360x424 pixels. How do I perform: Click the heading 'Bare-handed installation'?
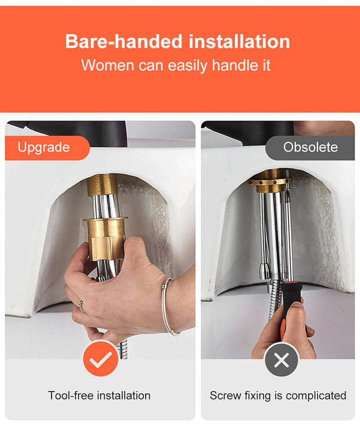pos(177,41)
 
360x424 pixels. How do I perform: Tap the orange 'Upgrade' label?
pos(47,147)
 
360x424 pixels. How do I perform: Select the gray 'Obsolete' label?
pos(310,147)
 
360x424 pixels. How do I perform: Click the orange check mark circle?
pos(100,359)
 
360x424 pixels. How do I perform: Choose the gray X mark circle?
pos(281,360)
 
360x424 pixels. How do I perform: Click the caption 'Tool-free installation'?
pos(99,395)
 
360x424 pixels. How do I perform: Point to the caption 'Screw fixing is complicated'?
pos(278,395)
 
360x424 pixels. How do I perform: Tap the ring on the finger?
pos(80,305)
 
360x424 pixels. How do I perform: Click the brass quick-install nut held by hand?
pos(105,238)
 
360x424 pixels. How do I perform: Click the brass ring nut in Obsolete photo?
pos(270,181)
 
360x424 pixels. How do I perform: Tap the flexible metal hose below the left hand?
pos(123,349)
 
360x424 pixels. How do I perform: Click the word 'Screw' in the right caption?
pos(225,395)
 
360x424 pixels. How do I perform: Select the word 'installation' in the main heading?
pos(239,41)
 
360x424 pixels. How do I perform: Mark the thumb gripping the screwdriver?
pos(297,307)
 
